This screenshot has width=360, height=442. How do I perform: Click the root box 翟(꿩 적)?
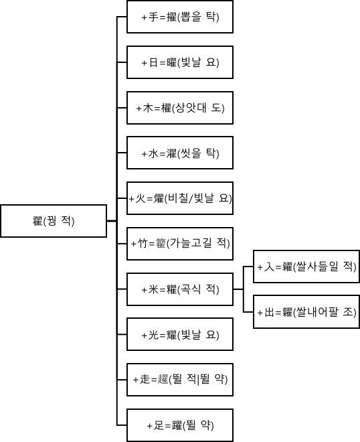point(54,221)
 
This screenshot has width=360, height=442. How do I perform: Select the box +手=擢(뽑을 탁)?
point(180,17)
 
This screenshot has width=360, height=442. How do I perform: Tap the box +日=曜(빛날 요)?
point(180,62)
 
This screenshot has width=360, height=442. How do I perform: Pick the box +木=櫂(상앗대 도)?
point(180,108)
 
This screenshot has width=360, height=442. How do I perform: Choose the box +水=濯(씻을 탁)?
point(180,153)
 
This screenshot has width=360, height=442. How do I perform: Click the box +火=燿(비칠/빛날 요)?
point(180,198)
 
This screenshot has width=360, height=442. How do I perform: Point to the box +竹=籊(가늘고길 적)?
point(180,244)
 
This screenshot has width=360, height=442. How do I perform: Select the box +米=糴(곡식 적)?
point(180,289)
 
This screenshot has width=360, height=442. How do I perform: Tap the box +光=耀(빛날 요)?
point(180,334)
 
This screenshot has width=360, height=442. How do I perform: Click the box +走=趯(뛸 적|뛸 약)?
point(180,380)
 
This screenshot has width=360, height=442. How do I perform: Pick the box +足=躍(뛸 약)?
point(180,425)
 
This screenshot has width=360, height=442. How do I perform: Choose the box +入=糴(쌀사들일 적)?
point(306,267)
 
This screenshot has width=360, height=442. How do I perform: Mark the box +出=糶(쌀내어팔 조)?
point(306,311)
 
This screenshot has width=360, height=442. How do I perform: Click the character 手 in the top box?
point(153,17)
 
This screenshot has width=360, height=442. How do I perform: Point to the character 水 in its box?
point(153,153)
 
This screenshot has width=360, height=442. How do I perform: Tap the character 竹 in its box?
point(142,244)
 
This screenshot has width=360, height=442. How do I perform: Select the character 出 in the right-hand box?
point(269,312)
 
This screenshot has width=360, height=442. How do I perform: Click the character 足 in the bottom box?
point(158,425)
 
